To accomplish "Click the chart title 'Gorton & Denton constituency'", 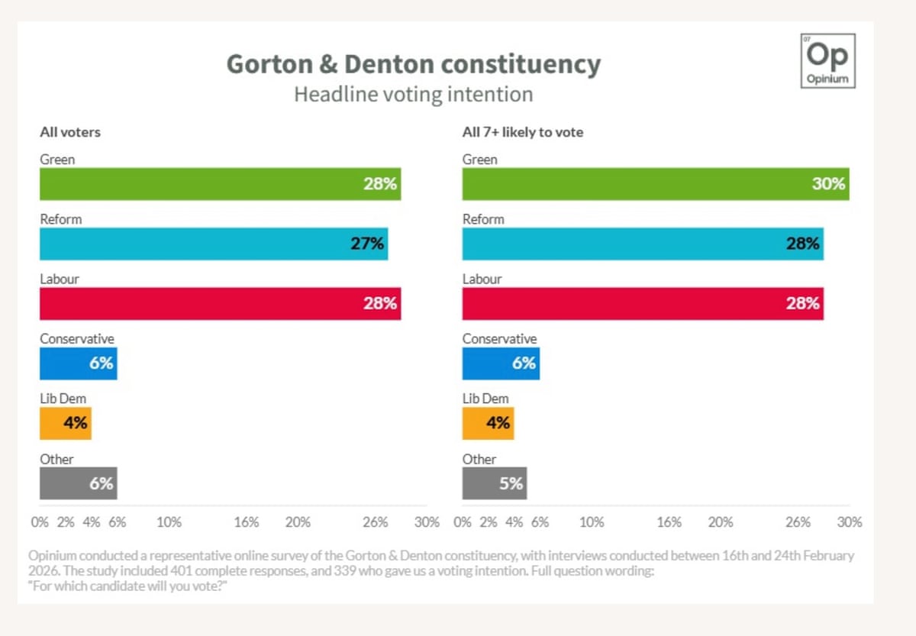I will pos(414,64).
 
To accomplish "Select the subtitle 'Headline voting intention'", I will pos(413,95).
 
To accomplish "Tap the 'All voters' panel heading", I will pos(70,132).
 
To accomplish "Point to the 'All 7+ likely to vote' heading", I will pos(522,132).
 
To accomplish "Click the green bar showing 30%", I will pos(655,184).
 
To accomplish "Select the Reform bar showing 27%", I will pos(214,244).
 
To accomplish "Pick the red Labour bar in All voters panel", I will pos(220,303).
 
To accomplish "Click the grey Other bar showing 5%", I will pos(494,483).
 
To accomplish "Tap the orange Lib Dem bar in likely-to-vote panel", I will pos(488,423).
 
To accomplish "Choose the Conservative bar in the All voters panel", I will pos(78,363).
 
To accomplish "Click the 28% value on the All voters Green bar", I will pos(379,185).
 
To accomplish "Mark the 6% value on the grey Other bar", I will pos(101,483).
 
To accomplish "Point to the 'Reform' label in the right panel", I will pos(483,219).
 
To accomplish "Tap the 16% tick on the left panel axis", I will pos(247,522).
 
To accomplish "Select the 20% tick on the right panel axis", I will pos(721,522).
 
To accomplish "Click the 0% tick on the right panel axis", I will pos(463,522).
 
